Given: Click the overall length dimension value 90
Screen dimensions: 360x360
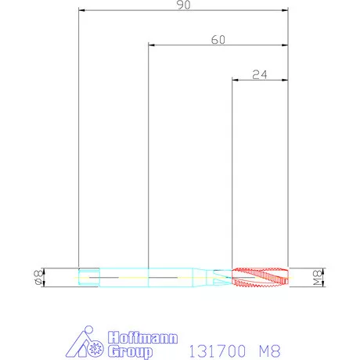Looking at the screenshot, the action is click(x=184, y=5).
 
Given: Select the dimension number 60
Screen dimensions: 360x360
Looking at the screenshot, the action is click(x=218, y=40).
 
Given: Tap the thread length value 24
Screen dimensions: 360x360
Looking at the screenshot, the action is click(x=260, y=75).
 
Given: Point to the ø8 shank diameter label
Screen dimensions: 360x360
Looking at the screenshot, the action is click(x=38, y=277).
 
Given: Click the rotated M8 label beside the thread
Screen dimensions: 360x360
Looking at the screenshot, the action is click(x=318, y=278).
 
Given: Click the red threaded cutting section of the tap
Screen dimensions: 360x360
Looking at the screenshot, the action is click(x=260, y=277).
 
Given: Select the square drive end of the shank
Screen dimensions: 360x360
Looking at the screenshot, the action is click(x=89, y=277).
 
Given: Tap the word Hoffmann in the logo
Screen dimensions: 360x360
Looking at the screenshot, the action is click(x=143, y=338).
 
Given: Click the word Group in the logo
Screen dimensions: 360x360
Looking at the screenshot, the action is click(x=131, y=351).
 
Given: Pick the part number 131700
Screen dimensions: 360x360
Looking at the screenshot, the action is click(x=217, y=351).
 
